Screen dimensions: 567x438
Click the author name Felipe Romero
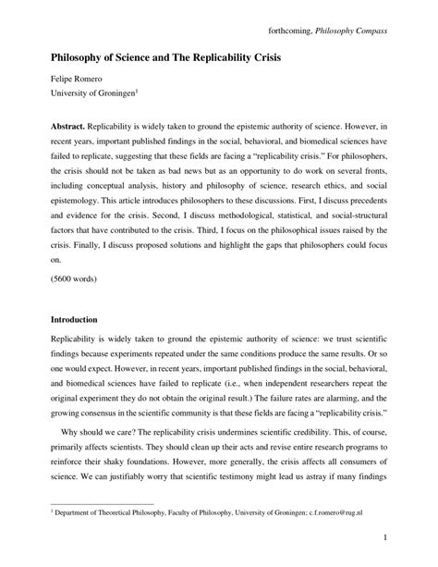tap(78, 81)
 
